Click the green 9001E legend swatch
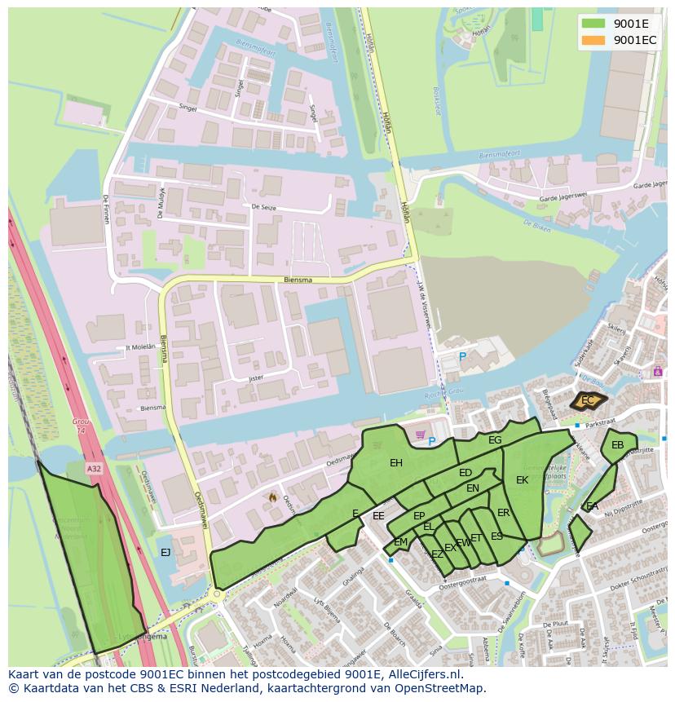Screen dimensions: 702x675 click(593, 23)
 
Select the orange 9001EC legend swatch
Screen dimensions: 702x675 click(593, 39)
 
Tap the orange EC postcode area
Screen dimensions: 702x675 click(587, 400)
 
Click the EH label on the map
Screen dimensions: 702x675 click(396, 463)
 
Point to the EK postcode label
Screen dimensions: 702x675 click(522, 480)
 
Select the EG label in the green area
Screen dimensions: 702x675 click(495, 440)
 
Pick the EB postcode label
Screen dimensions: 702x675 click(617, 445)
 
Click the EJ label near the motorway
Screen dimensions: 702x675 click(165, 552)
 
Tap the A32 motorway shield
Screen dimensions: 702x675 click(95, 468)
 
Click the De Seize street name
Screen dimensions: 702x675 click(263, 207)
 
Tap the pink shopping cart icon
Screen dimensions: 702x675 click(421, 434)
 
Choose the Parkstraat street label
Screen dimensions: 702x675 click(598, 423)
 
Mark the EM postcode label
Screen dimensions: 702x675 click(400, 542)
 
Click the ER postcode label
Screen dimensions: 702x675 click(503, 513)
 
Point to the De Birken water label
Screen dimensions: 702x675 click(538, 223)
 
